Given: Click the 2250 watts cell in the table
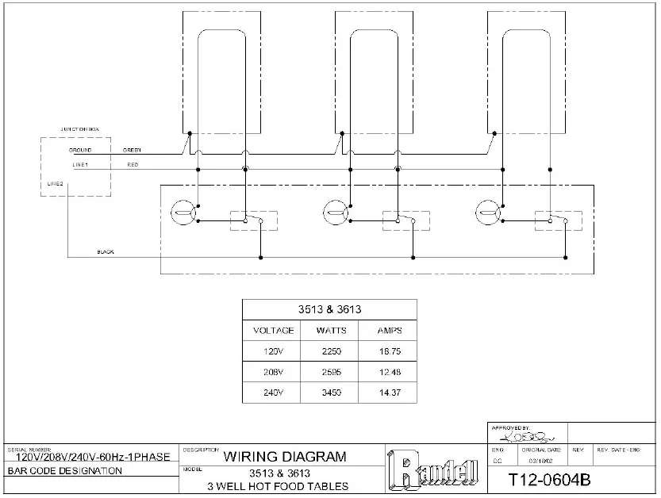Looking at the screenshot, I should (331, 350).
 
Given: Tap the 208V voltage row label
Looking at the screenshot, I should (273, 370).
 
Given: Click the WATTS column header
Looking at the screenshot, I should (331, 330).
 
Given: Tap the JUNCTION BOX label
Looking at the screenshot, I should (80, 128).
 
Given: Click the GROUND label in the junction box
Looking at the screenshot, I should (80, 150).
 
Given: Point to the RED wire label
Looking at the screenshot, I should (133, 165).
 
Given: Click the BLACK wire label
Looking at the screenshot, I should (106, 251).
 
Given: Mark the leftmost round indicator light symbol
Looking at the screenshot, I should (182, 212).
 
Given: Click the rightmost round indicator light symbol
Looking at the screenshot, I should (486, 212).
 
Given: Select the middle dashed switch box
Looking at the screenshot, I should (405, 220).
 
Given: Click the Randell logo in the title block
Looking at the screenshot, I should (433, 470).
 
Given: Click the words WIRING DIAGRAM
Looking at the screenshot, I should (285, 456).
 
